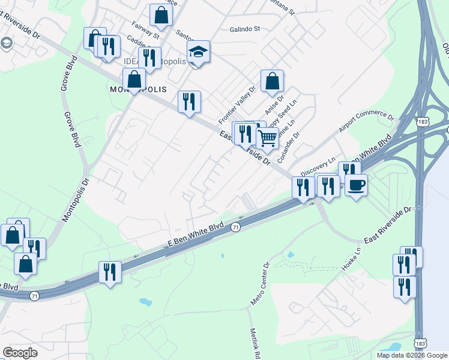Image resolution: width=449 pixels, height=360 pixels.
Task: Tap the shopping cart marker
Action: [267, 138]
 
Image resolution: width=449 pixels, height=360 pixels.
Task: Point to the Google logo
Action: [20, 353]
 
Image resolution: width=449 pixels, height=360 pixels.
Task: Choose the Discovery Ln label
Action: [317, 166]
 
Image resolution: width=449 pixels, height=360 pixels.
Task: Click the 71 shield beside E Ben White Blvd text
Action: [236, 227]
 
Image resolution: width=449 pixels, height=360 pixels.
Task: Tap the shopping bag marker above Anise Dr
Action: [272, 80]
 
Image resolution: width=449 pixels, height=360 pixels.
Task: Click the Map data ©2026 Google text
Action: [411, 355]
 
